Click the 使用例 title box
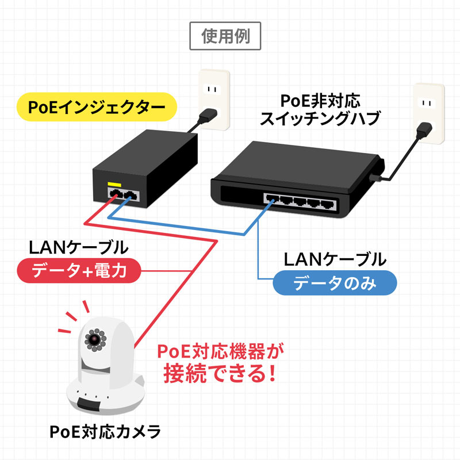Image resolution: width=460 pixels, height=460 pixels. tap(225, 37)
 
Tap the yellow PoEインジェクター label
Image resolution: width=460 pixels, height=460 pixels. tap(95, 107)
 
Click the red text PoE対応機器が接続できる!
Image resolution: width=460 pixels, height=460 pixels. tap(221, 362)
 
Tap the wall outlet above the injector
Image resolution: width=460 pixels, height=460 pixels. tap(214, 98)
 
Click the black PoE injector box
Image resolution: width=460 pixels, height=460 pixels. tap(147, 167)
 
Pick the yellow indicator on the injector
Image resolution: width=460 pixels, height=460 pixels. tap(114, 185)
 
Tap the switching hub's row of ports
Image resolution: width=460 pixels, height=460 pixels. tap(300, 201)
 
